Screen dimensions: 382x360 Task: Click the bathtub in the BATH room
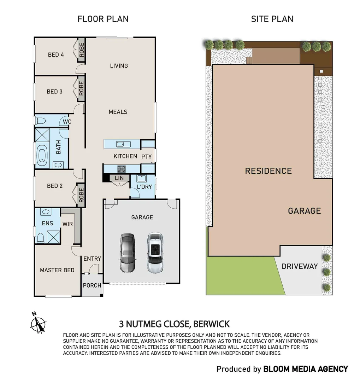(x=42, y=156)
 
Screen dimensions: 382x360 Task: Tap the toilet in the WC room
(x=41, y=121)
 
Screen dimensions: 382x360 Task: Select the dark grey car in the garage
(x=127, y=253)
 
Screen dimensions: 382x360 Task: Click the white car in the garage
(x=154, y=253)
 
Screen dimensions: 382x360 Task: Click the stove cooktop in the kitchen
(x=122, y=169)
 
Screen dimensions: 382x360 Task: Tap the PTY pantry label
(x=147, y=157)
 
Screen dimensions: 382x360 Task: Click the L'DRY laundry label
(x=144, y=186)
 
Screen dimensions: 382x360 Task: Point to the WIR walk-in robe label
(x=67, y=224)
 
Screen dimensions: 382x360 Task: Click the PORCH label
(x=92, y=285)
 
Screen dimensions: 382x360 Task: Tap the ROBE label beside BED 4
(x=82, y=50)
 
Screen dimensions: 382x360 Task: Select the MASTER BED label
(x=57, y=270)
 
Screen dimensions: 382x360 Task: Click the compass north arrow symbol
(x=39, y=323)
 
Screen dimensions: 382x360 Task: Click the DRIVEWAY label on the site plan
(x=300, y=266)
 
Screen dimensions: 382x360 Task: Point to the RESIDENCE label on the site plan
(x=268, y=171)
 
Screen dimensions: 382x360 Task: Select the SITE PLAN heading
(x=272, y=19)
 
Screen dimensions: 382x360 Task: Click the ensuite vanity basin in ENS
(x=45, y=212)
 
